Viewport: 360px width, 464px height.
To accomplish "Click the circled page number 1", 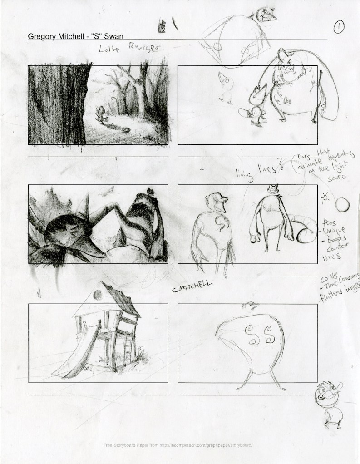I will point(339,27).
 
